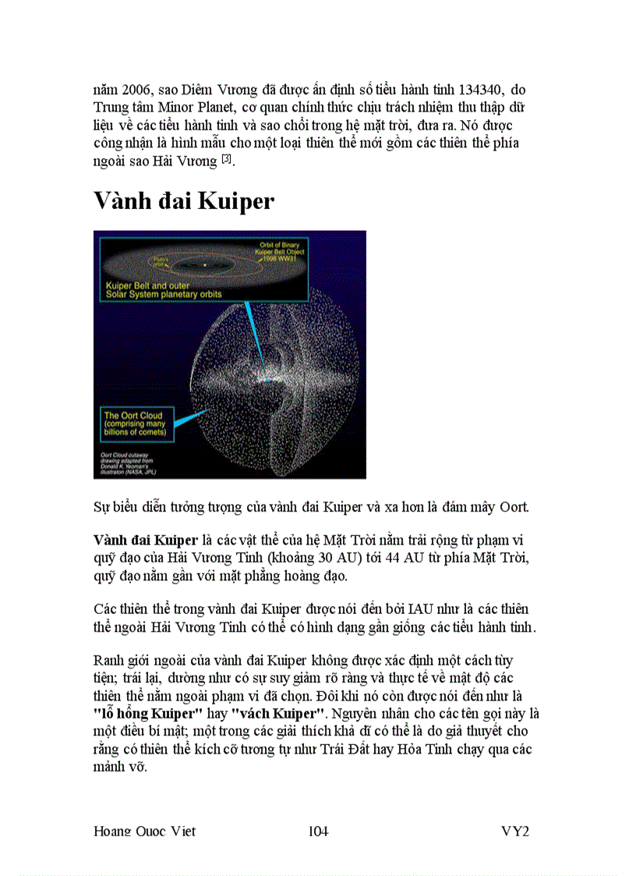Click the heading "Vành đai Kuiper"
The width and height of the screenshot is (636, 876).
tap(184, 201)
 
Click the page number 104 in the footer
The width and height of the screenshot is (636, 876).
tap(318, 831)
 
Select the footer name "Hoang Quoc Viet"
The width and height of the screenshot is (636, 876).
tap(144, 831)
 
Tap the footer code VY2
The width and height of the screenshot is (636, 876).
tap(515, 831)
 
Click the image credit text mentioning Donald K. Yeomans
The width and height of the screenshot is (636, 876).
tap(129, 463)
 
